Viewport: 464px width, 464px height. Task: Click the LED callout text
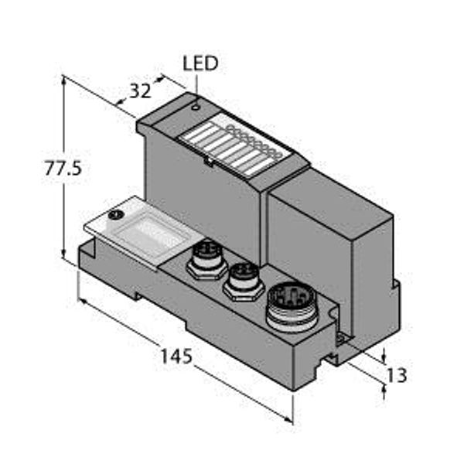(200, 63)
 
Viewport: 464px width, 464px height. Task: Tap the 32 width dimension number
(141, 91)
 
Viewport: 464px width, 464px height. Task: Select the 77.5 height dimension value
(63, 168)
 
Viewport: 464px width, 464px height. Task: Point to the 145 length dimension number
(176, 356)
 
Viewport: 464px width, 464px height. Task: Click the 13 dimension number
(397, 375)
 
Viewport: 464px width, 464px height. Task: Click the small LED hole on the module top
(196, 107)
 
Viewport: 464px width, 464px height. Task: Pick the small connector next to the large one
(244, 281)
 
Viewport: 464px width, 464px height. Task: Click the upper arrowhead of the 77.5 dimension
(63, 80)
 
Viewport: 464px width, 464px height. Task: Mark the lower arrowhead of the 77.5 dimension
(63, 253)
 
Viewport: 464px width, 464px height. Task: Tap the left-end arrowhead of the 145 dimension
(84, 302)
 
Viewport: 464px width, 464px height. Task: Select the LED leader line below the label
(196, 88)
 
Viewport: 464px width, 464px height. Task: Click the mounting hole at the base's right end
(341, 338)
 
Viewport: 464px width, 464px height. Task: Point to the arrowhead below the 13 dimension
(384, 391)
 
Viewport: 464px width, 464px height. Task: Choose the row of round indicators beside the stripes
(252, 141)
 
